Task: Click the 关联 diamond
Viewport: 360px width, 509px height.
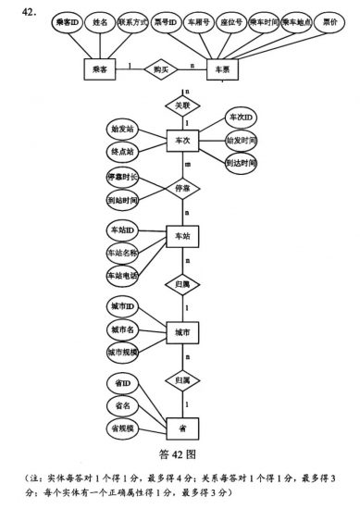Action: [x=182, y=106]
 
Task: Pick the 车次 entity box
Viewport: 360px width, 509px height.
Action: [x=182, y=141]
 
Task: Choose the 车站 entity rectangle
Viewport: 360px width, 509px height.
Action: [x=182, y=237]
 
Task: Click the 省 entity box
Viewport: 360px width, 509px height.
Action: [x=182, y=428]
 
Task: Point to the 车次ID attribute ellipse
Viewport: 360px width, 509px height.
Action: [x=243, y=118]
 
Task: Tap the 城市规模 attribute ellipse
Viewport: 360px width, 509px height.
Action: [x=122, y=354]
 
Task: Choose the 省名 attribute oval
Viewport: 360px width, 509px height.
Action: [x=122, y=405]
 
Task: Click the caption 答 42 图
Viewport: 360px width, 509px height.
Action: [x=181, y=455]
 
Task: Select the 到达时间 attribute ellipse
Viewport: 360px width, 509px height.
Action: [x=243, y=162]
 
